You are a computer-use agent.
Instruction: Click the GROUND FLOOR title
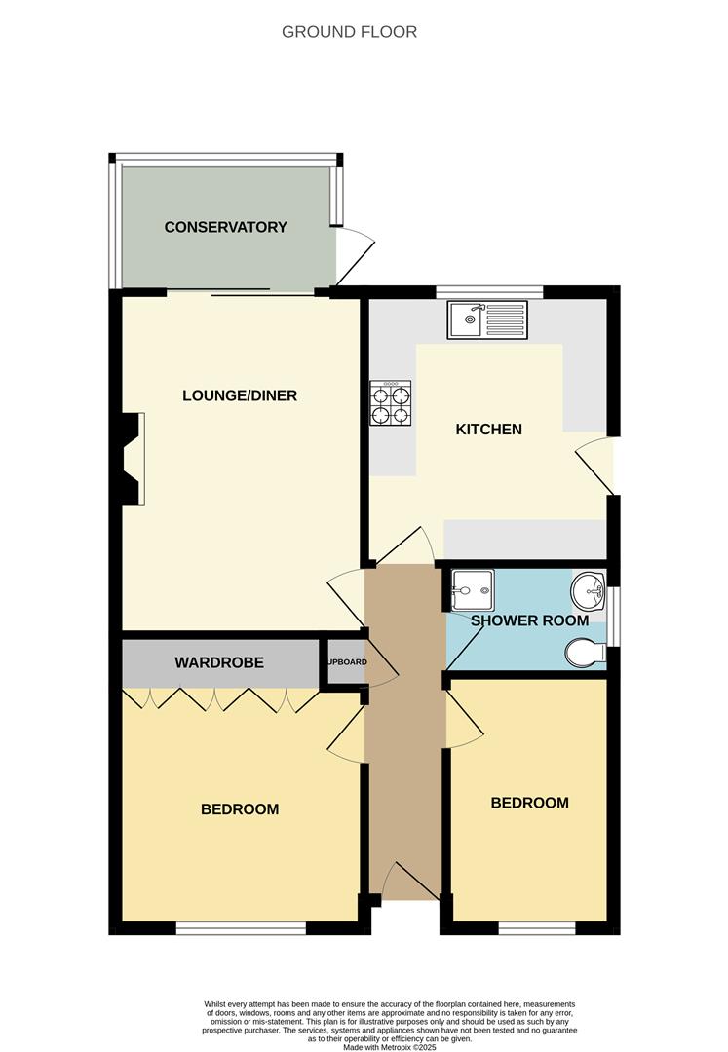(x=349, y=32)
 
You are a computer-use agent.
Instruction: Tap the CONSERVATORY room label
(x=225, y=227)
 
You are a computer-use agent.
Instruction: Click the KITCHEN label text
(x=489, y=429)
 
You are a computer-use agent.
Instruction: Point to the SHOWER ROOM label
(x=529, y=620)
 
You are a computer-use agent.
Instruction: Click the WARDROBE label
(x=219, y=662)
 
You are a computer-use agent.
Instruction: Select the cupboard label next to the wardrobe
(x=346, y=662)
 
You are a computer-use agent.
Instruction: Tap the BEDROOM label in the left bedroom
(x=240, y=808)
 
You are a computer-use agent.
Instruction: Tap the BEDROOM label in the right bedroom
(x=529, y=803)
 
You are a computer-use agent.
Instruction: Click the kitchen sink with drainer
(x=487, y=319)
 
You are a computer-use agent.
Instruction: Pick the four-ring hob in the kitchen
(x=391, y=402)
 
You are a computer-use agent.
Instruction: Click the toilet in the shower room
(x=585, y=653)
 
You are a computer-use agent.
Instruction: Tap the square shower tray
(x=473, y=590)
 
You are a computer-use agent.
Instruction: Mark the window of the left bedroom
(x=240, y=928)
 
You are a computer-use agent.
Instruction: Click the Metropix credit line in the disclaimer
(x=389, y=1046)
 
